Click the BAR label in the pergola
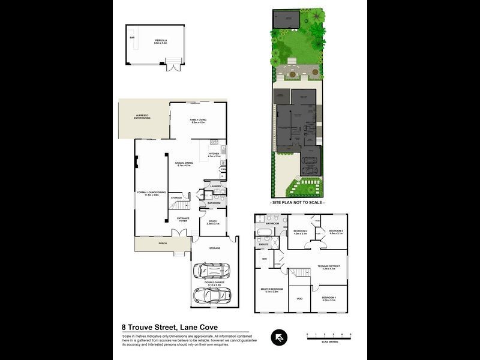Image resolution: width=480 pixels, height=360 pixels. (132, 38)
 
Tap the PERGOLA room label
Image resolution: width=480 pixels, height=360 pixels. (161, 41)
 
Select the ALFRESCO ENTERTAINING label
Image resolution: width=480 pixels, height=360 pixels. (142, 117)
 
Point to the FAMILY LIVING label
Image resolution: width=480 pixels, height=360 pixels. (198, 121)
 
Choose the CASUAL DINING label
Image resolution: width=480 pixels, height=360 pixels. (184, 164)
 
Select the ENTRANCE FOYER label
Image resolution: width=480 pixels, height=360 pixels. (183, 219)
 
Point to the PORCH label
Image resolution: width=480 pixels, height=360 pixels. (162, 244)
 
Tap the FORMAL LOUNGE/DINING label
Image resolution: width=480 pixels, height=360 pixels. (151, 193)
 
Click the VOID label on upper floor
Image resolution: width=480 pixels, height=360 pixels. (299, 298)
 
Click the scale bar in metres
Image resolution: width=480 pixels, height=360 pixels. (329, 337)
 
